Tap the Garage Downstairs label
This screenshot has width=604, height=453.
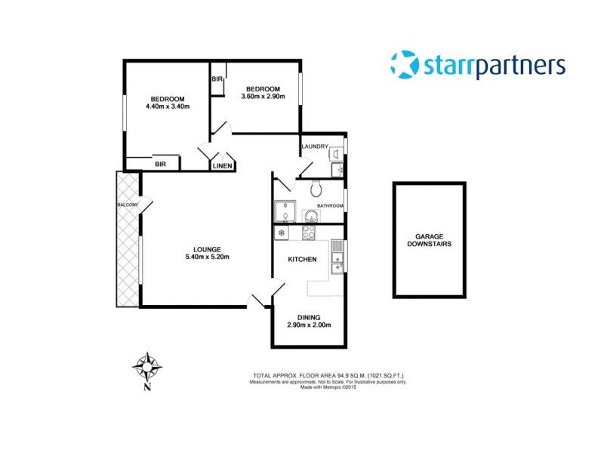click(428, 240)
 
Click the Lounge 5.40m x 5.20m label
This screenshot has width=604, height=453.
click(206, 253)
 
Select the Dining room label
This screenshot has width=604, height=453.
click(309, 321)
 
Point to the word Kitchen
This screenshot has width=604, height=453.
click(302, 260)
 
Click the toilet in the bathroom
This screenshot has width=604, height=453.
click(318, 189)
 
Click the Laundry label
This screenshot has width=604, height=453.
click(314, 146)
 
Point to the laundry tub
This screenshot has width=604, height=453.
click(334, 154)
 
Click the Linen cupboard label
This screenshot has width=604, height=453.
click(221, 165)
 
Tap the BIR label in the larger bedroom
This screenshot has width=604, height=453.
click(160, 163)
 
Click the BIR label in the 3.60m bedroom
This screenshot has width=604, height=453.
click(217, 79)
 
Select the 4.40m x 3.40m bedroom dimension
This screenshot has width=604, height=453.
click(167, 107)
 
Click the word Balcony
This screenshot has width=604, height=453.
click(126, 205)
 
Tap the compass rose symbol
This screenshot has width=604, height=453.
click(147, 366)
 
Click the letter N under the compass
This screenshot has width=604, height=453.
click(147, 388)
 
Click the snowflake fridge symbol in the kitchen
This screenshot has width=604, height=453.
click(282, 233)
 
